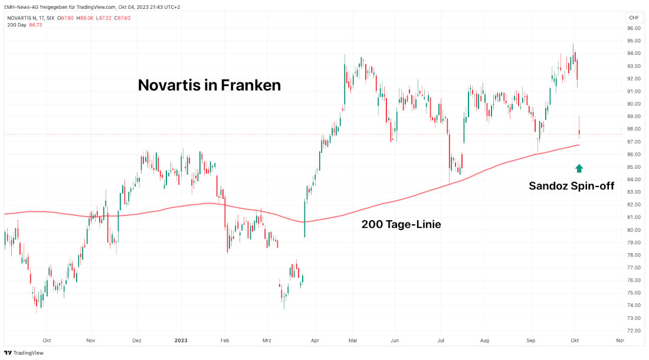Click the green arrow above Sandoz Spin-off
[x=579, y=168]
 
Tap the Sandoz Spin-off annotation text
[x=571, y=186]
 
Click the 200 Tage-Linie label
[x=401, y=224]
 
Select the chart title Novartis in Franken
[x=209, y=85]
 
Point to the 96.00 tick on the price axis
[x=634, y=28]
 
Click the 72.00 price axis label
[x=634, y=330]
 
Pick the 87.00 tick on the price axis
[x=634, y=142]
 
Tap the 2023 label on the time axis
[x=181, y=341]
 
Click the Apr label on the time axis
[x=314, y=341]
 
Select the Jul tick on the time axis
[x=440, y=341]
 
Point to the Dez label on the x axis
[x=136, y=341]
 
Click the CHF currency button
[x=634, y=18]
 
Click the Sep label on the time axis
[x=530, y=341]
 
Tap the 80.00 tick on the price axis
[x=634, y=230]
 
